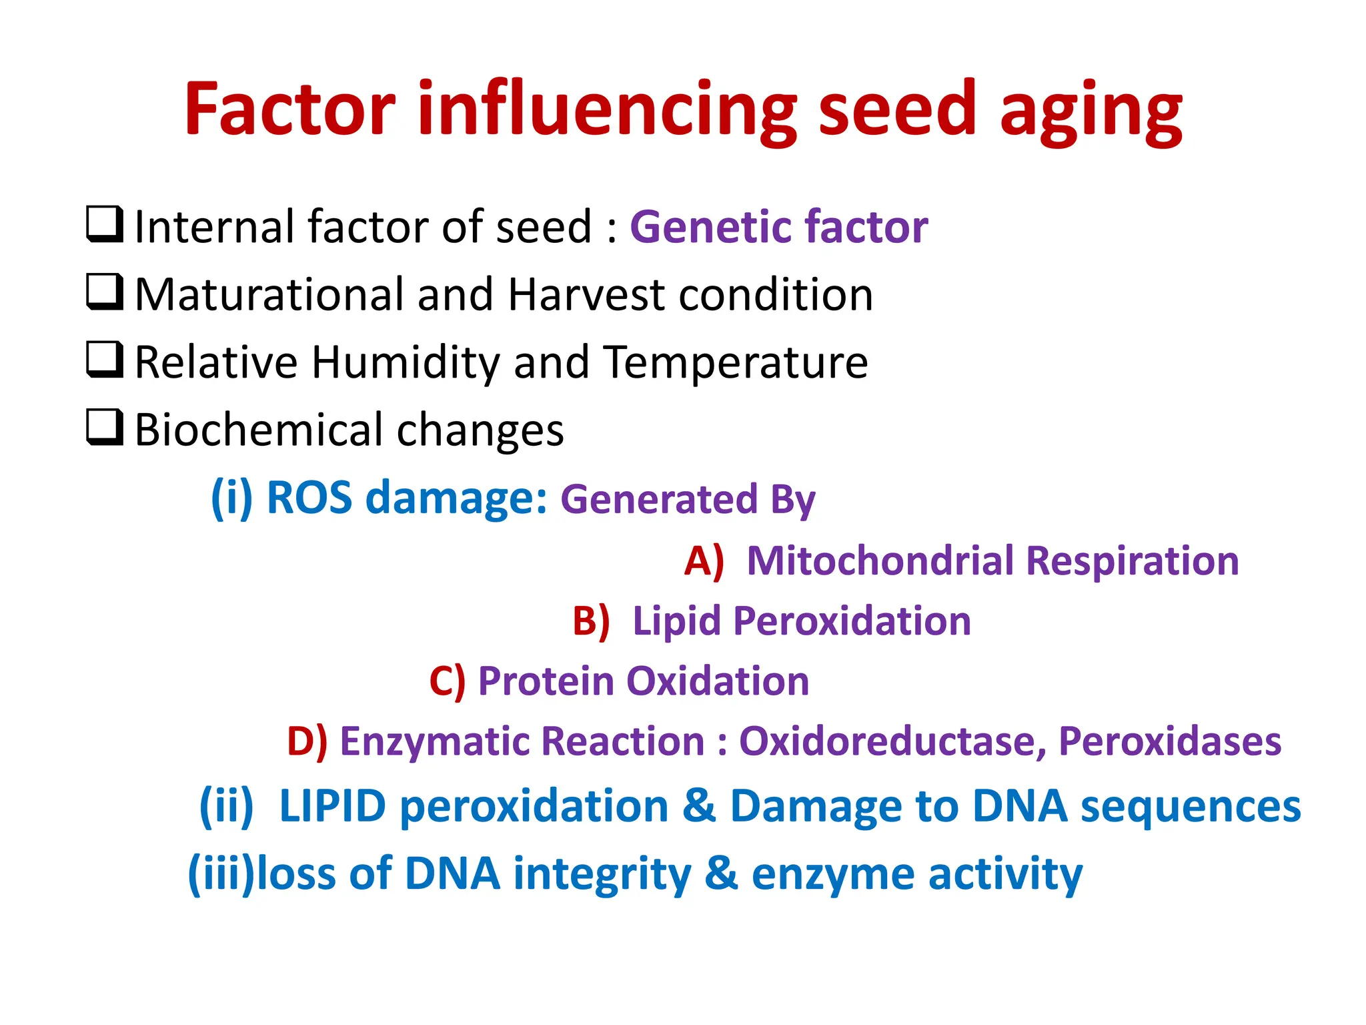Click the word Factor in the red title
pyautogui.click(x=289, y=109)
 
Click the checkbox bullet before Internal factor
pyautogui.click(x=105, y=224)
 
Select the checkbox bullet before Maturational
pyautogui.click(x=105, y=292)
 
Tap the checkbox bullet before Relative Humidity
pyautogui.click(x=105, y=360)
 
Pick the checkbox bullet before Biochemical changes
pyautogui.click(x=105, y=427)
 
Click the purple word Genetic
pyautogui.click(x=712, y=227)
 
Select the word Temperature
pyautogui.click(x=736, y=363)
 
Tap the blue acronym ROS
pyautogui.click(x=309, y=498)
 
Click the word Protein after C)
pyautogui.click(x=546, y=681)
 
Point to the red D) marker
pyautogui.click(x=307, y=742)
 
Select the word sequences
pyautogui.click(x=1191, y=807)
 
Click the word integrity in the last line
pyautogui.click(x=602, y=875)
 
